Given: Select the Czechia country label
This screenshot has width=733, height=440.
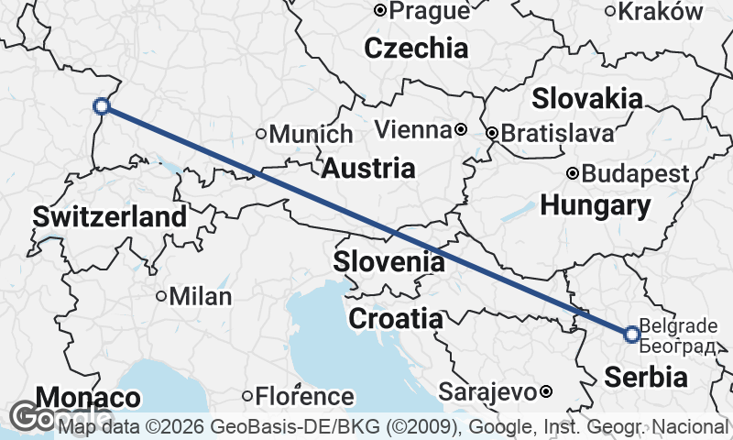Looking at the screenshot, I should coord(416,49).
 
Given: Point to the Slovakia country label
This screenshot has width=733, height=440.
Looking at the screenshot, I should coord(587,99).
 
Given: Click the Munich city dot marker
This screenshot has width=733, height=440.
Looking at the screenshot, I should coord(261,134).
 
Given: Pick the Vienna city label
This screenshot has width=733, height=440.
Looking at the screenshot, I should coord(414,130).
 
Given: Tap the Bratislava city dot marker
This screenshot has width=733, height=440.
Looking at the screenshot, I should coord(492,133).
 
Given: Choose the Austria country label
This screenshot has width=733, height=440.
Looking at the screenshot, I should coord(368,169).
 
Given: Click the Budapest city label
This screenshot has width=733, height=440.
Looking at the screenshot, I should coord(636,173).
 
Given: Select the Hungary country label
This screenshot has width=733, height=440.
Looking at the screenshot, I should coord(596,205).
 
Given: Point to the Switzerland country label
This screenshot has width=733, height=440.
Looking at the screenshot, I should coord(110,217).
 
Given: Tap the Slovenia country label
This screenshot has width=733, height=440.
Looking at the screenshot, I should coord(389,262).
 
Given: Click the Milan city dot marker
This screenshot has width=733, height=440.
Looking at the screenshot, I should coord(161,296).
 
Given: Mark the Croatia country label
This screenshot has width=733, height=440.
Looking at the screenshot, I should coord(396,319).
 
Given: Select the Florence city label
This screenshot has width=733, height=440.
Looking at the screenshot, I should coord(304,397).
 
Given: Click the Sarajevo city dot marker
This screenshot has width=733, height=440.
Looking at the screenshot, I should coord(546,391).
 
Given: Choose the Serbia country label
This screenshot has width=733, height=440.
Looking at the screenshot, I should coord(645,377).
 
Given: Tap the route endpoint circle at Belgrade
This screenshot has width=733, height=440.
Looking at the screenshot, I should coord(631,335).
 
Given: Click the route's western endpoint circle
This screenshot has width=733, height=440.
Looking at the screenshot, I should coord(103,106).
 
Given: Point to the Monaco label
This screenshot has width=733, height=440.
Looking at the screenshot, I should coord(88,399).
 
